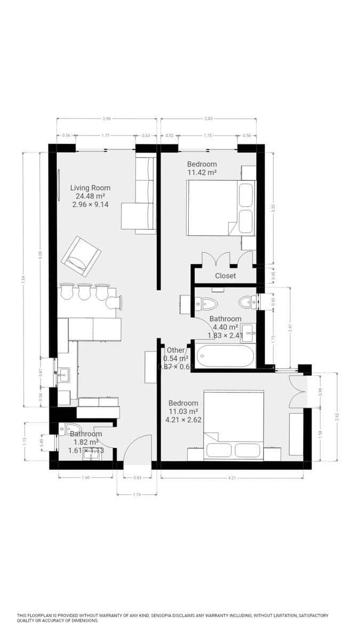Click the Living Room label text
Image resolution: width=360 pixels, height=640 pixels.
click(x=90, y=188)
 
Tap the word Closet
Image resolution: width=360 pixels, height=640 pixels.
click(x=225, y=276)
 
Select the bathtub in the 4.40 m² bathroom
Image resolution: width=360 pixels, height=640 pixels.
click(x=225, y=356)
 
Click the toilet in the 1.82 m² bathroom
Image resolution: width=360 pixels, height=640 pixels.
click(x=72, y=428)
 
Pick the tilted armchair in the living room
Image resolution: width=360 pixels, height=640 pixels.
click(x=81, y=257)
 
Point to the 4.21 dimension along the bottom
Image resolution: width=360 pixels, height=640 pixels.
click(x=232, y=478)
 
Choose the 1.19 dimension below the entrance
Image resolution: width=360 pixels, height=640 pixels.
click(x=137, y=495)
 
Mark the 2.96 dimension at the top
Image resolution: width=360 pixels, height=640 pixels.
click(x=107, y=118)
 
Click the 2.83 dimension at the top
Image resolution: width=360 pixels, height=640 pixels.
click(x=208, y=118)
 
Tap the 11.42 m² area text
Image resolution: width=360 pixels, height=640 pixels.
click(x=202, y=173)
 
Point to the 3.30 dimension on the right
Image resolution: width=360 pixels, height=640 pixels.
click(x=273, y=208)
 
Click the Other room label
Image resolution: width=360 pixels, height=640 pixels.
click(x=175, y=350)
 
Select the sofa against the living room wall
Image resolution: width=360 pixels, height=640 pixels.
click(x=145, y=195)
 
